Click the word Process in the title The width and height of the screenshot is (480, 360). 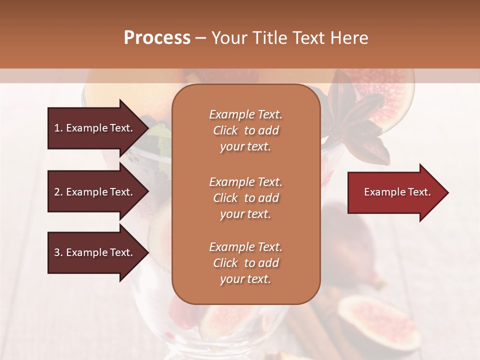(157, 38)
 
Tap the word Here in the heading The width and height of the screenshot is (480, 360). (348, 38)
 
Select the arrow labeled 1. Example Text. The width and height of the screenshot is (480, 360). (95, 128)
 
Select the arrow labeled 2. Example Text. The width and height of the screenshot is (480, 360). (95, 192)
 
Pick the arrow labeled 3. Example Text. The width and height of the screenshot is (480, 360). (95, 252)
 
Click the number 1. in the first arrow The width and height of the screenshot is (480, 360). (58, 128)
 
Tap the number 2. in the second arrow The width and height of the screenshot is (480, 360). (58, 192)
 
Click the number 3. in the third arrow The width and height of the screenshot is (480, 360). (58, 252)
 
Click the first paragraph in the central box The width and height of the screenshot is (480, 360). (245, 130)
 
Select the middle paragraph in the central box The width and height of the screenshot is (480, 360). (245, 198)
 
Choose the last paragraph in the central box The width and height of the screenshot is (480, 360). (245, 263)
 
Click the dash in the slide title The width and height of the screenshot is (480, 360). (200, 38)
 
